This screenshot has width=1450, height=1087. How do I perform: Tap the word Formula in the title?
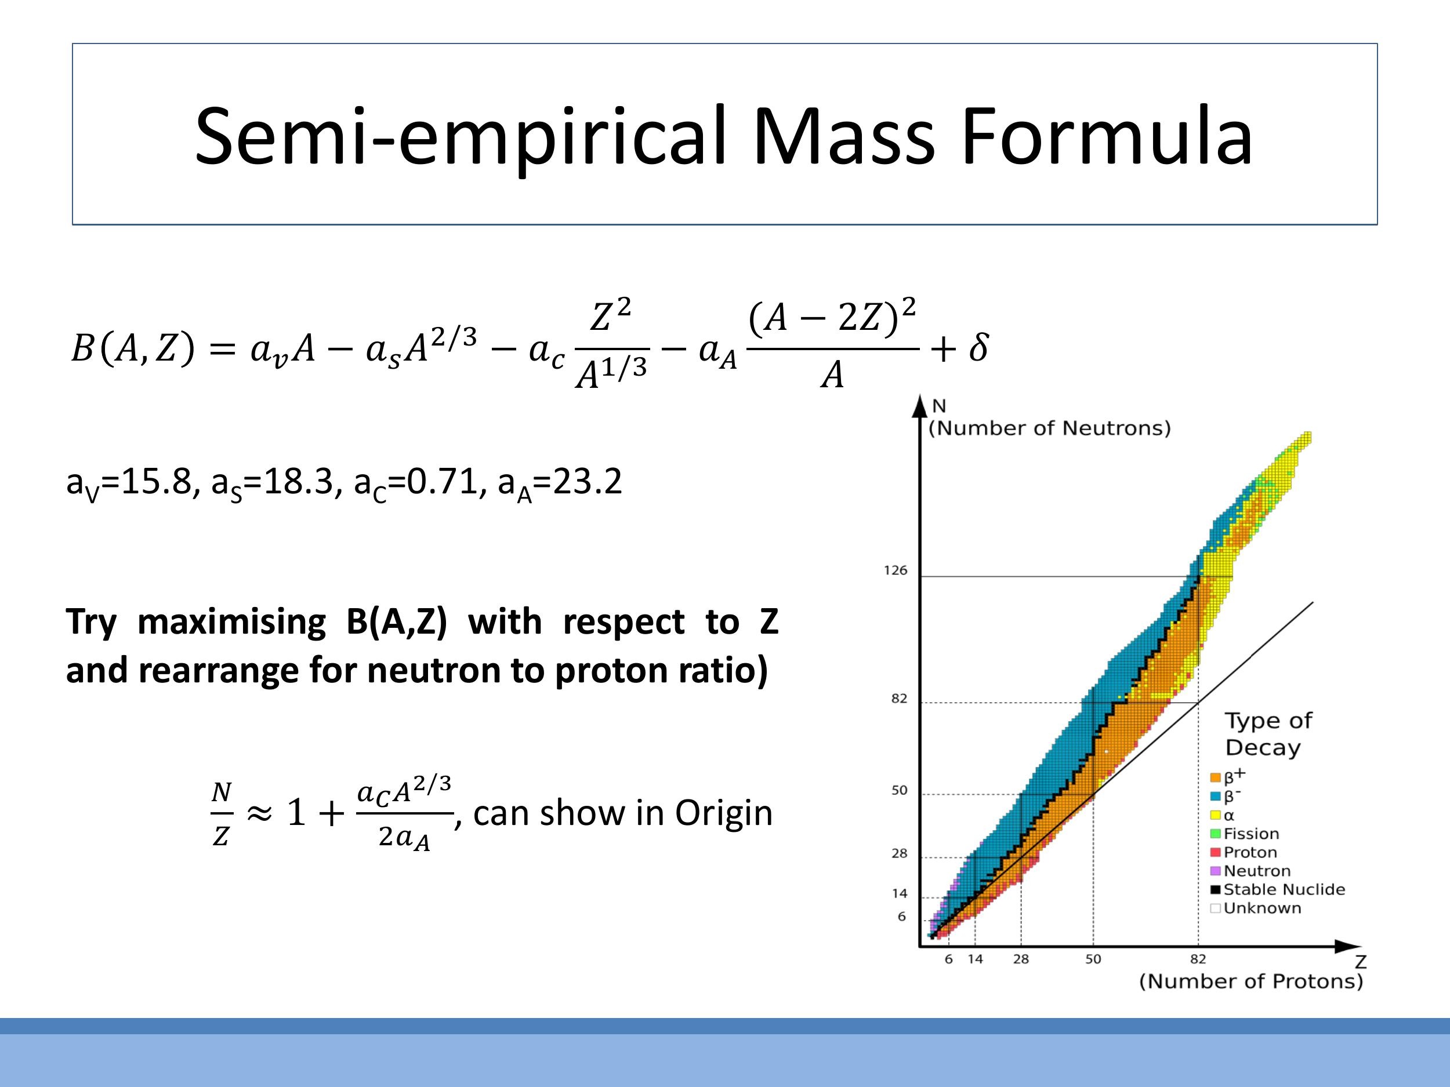point(1107,137)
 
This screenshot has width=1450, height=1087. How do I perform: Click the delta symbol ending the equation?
point(978,347)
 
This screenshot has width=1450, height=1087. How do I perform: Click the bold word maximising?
point(231,622)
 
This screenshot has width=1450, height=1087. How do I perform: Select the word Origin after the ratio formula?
point(723,813)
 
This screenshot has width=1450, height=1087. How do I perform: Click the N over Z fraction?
point(222,815)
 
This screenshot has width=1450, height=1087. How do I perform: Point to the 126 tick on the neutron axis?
point(896,570)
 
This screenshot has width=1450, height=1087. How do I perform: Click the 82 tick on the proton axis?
point(1198,959)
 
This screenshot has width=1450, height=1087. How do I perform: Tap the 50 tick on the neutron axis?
point(900,790)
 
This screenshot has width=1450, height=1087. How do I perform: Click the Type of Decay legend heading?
point(1267,734)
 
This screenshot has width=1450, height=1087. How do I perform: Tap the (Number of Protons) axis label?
point(1250,981)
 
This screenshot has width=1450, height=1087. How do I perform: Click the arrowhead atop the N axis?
point(920,404)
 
